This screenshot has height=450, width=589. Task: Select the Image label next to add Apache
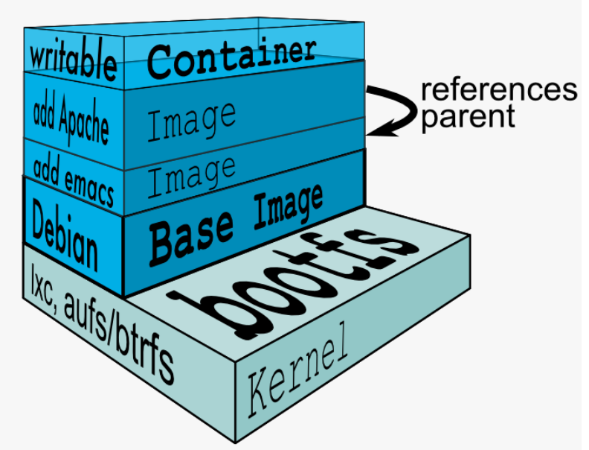pos(192,121)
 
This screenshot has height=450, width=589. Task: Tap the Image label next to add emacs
pos(191,177)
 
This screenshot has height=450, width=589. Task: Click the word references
pos(498,89)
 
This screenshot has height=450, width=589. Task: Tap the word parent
pos(468,116)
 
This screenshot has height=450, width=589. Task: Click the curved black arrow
pos(397,109)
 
